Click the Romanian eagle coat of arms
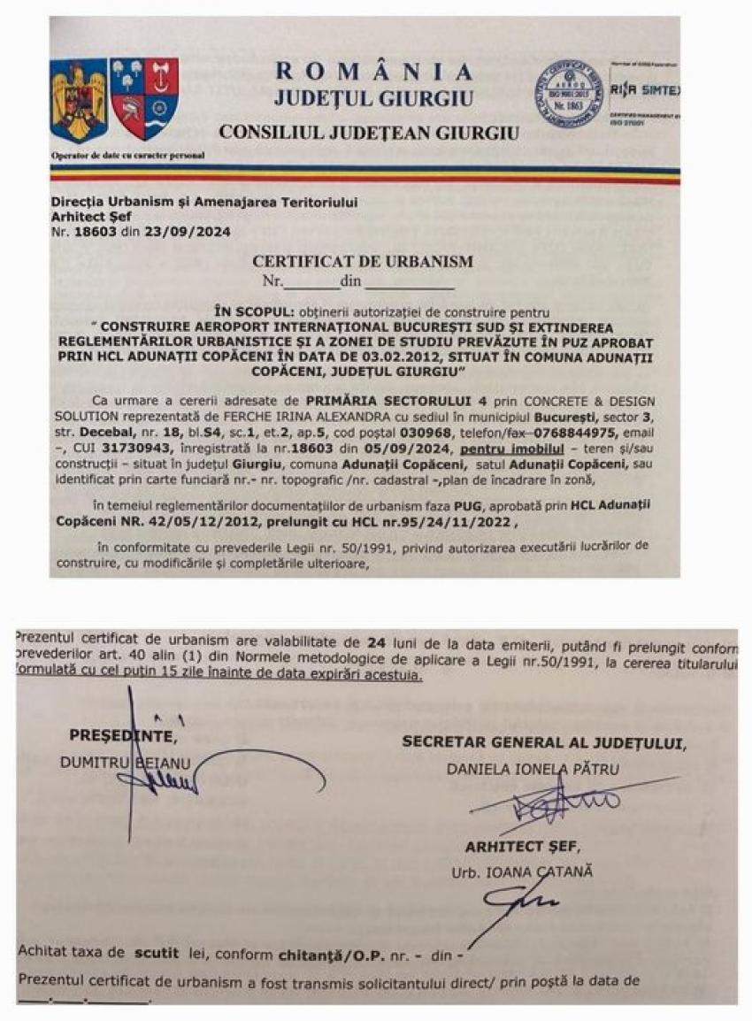[x=79, y=100]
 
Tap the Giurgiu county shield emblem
[x=144, y=97]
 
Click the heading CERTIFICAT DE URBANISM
[x=363, y=261]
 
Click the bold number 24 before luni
[x=374, y=639]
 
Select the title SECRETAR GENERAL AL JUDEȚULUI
[x=543, y=742]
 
